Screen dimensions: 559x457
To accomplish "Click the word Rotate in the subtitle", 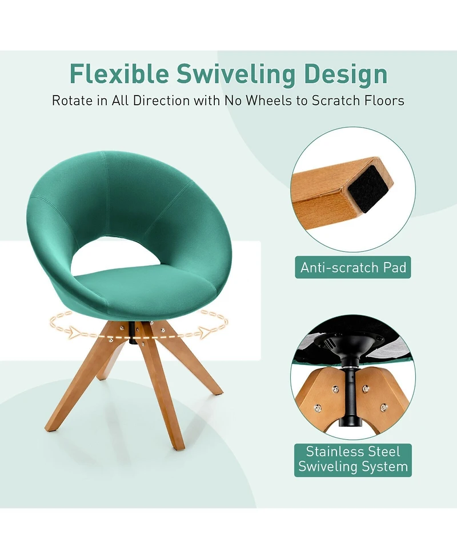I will (72, 101).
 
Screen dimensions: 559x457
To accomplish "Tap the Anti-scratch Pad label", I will (353, 267).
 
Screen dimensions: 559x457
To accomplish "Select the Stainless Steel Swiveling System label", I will (353, 459).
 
